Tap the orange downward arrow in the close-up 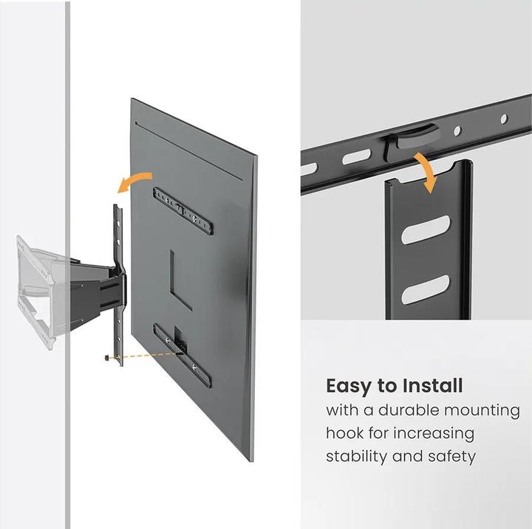[425, 171]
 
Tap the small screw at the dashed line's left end [108, 358]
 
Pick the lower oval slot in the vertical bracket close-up [426, 288]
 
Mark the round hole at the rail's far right [503, 118]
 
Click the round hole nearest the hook [457, 131]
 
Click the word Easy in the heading [349, 386]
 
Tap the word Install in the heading [431, 386]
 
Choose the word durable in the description [415, 409]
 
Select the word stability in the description [356, 457]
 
